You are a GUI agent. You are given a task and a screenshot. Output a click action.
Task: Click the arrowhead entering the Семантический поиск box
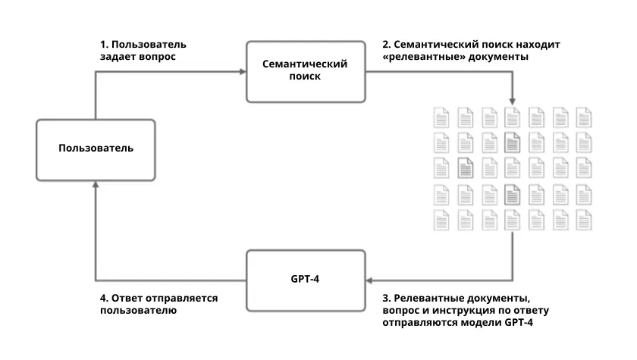click(243, 71)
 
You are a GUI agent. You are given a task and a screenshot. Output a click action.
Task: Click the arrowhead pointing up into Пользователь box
click(96, 183)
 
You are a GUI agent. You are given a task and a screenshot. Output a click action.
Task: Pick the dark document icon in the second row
click(511, 141)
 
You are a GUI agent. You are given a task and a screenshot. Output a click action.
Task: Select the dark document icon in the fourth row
click(511, 195)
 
